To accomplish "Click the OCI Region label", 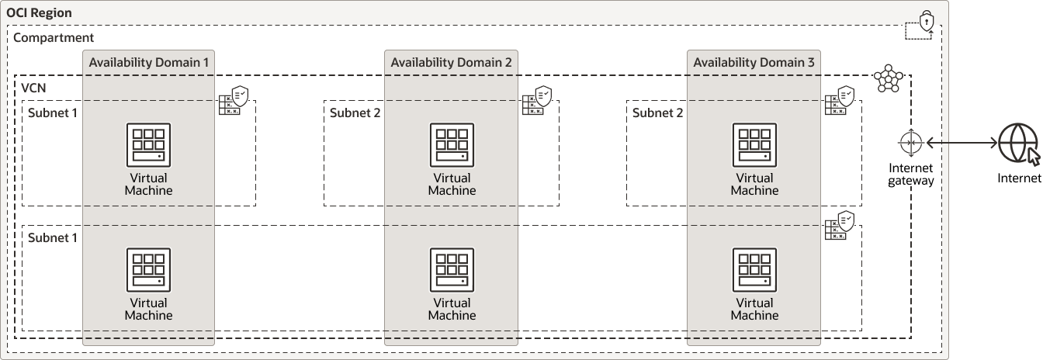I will [39, 12].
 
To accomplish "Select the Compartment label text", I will [54, 37].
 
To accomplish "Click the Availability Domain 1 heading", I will [148, 62].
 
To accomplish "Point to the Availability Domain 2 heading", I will [451, 62].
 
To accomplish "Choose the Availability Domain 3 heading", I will [754, 62].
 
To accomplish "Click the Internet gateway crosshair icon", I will [911, 144].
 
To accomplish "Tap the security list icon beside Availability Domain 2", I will [537, 101].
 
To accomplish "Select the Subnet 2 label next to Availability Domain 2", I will [355, 112].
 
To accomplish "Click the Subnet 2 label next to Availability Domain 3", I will [657, 112].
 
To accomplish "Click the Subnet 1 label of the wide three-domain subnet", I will [53, 237].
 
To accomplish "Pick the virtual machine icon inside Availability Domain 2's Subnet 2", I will [452, 145].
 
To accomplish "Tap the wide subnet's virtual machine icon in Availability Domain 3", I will [754, 269].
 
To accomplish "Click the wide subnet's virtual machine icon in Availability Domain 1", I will [148, 269].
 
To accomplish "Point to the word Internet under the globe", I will [1018, 179].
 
